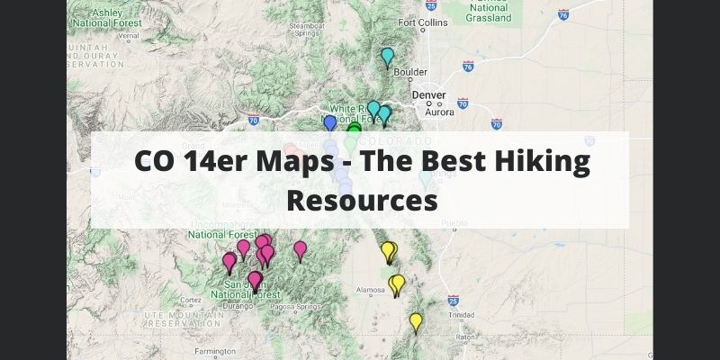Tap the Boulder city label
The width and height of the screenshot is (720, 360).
(410, 72)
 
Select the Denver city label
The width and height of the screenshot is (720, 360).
(429, 94)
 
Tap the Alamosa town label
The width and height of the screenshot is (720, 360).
(371, 290)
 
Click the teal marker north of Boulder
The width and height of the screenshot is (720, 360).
(388, 57)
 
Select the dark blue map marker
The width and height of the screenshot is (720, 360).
(330, 123)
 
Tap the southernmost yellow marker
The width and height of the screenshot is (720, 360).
(416, 321)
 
